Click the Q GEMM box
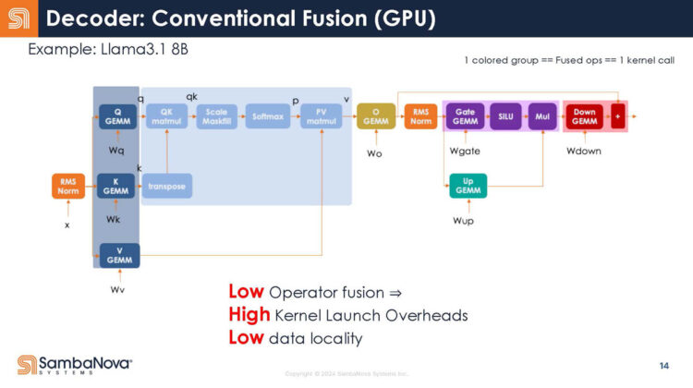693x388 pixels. coord(119,116)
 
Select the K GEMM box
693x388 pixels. coord(116,186)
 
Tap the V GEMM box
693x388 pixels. coord(119,255)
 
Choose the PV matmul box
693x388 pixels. coord(321,116)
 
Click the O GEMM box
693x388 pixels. coord(375,116)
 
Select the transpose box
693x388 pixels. coord(167,186)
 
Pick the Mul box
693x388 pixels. coord(542,116)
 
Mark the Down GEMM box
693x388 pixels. coord(584,116)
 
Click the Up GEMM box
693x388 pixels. coord(468,186)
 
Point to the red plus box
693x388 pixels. coord(616,116)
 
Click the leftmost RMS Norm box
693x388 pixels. coord(67,186)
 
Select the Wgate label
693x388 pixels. coord(464,150)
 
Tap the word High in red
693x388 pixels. coord(249,315)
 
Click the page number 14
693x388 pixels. coord(664,366)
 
